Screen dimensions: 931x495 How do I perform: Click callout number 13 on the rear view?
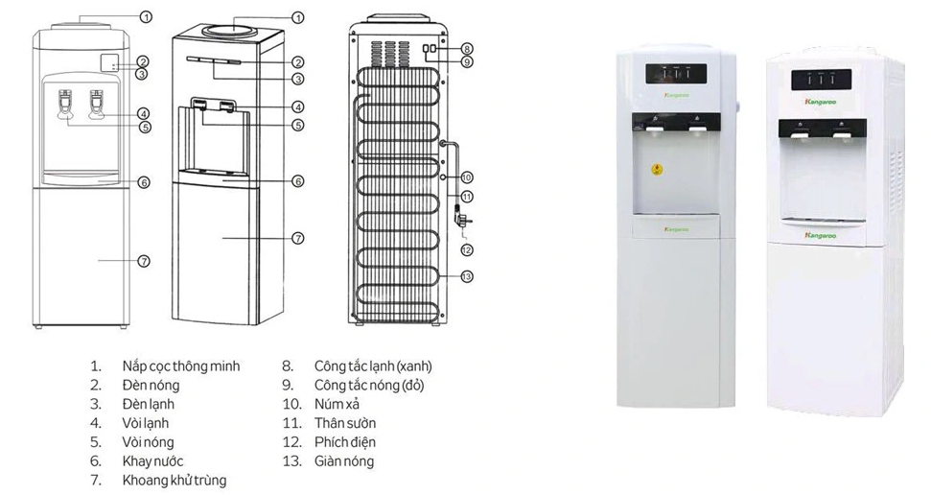tap(467, 276)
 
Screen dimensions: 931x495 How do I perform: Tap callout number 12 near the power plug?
tap(467, 249)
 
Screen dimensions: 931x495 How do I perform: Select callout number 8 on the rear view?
tap(467, 49)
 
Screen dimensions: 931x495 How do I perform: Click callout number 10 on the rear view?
tap(467, 177)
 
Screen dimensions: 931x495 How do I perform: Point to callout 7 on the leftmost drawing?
tap(144, 261)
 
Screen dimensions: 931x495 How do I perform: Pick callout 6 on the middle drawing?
tap(298, 180)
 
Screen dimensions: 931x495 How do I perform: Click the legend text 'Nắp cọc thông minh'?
tap(181, 366)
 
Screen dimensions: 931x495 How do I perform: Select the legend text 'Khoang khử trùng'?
tap(175, 481)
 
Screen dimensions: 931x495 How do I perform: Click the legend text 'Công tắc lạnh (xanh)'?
tap(373, 366)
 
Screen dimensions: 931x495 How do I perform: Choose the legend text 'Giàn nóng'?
tap(344, 461)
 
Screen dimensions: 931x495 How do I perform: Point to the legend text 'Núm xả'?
tap(337, 404)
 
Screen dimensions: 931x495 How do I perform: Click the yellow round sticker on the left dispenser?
tap(658, 170)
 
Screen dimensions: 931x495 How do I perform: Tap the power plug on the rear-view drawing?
tap(461, 219)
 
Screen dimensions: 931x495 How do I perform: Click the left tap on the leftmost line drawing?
tap(65, 104)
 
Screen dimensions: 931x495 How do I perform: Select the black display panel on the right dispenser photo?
tap(821, 80)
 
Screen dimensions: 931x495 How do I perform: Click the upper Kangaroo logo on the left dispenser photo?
tap(676, 95)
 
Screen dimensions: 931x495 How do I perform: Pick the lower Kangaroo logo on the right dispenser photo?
tap(821, 236)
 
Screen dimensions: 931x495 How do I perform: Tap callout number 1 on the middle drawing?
tap(298, 17)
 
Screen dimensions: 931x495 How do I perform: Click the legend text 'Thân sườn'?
tap(345, 423)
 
